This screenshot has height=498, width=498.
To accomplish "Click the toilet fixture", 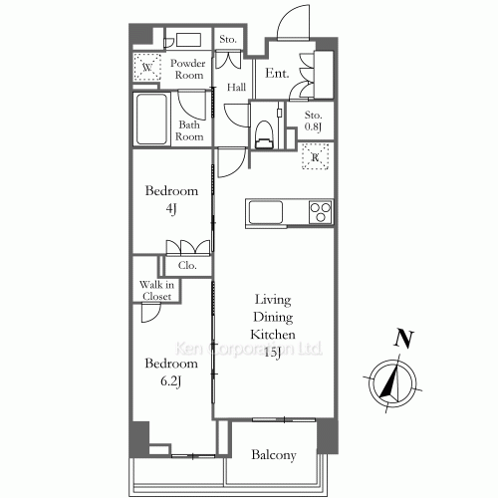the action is [x=264, y=134].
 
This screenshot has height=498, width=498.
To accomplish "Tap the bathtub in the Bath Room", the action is [x=151, y=119].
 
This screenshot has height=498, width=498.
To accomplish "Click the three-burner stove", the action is [x=321, y=212].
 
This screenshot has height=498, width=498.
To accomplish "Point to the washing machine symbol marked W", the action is [x=147, y=67].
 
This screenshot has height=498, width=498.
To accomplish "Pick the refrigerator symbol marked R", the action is [x=315, y=156].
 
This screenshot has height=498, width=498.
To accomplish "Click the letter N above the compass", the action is [x=404, y=339].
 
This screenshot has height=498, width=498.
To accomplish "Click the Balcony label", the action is [x=274, y=455].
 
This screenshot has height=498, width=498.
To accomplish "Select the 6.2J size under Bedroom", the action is [x=170, y=381].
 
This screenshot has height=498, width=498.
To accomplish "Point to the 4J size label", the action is [x=171, y=209].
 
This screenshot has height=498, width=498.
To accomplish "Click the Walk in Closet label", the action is [x=156, y=290].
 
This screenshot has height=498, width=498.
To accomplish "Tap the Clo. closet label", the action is [x=187, y=265].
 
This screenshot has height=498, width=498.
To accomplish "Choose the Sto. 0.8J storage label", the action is [x=313, y=121].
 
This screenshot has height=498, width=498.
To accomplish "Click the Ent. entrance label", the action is [x=277, y=73].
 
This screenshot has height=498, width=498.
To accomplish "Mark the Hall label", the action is [x=236, y=88].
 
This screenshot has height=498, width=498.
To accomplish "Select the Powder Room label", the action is [x=188, y=69].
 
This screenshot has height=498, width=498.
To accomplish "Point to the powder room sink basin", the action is [x=188, y=40].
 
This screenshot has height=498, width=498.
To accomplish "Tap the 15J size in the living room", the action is [x=273, y=353].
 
